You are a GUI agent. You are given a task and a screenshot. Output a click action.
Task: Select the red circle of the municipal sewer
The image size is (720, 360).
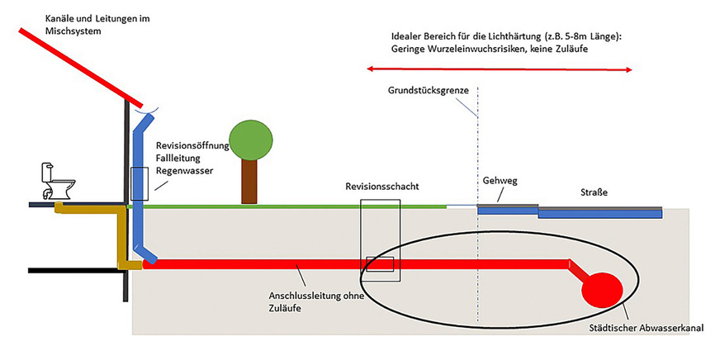click(603, 289)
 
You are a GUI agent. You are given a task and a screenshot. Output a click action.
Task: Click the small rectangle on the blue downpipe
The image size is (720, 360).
click(139, 183)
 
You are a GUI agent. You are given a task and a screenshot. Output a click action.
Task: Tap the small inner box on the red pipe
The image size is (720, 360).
click(380, 263)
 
